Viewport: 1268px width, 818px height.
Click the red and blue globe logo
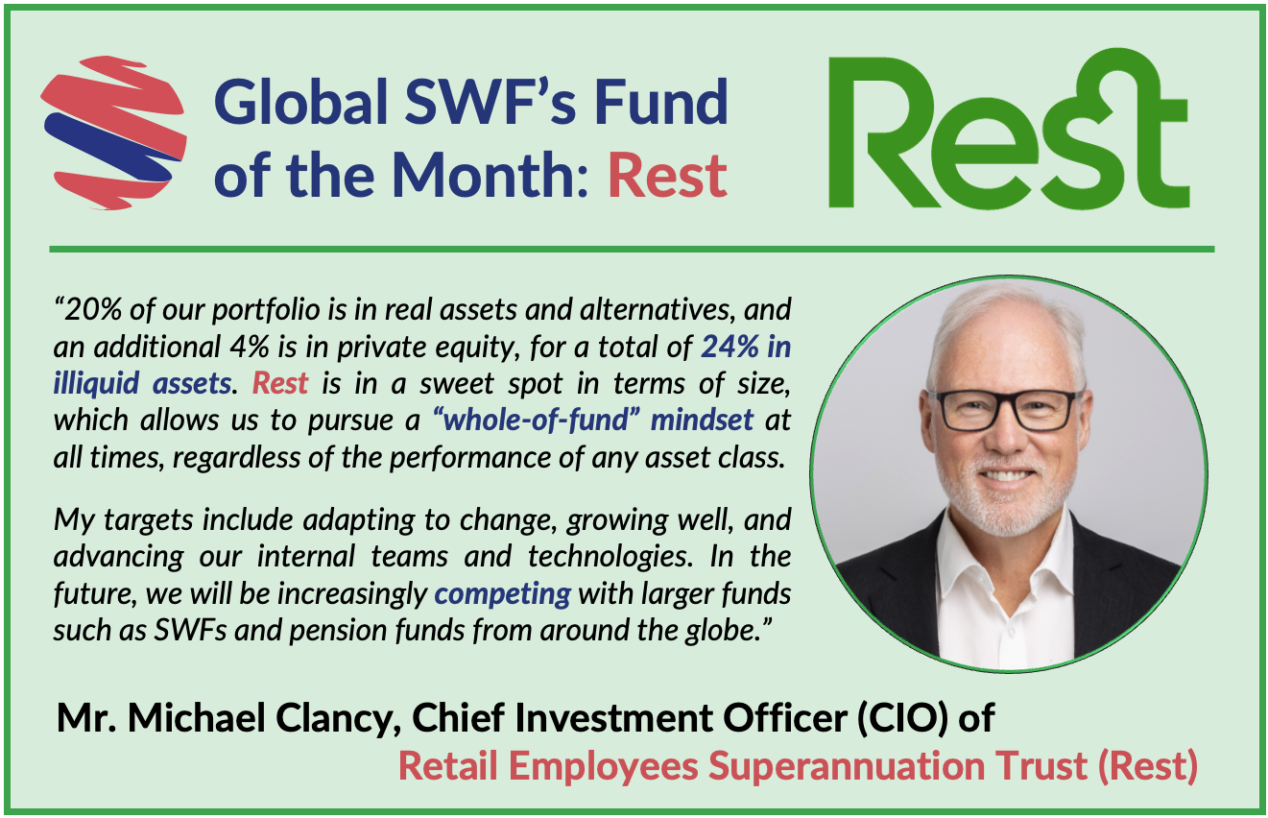[x=114, y=133]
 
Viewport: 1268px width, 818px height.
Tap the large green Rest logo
[x=1008, y=130]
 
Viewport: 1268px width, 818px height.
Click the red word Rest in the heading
[x=667, y=176]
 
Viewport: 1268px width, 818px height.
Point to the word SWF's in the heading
[x=490, y=102]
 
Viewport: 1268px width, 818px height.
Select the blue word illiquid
[x=96, y=383]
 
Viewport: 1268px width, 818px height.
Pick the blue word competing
[x=503, y=594]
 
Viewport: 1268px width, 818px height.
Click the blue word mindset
[x=702, y=420]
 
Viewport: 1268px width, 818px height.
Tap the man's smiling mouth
[x=1006, y=475]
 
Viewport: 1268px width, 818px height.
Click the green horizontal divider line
[x=632, y=249]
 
